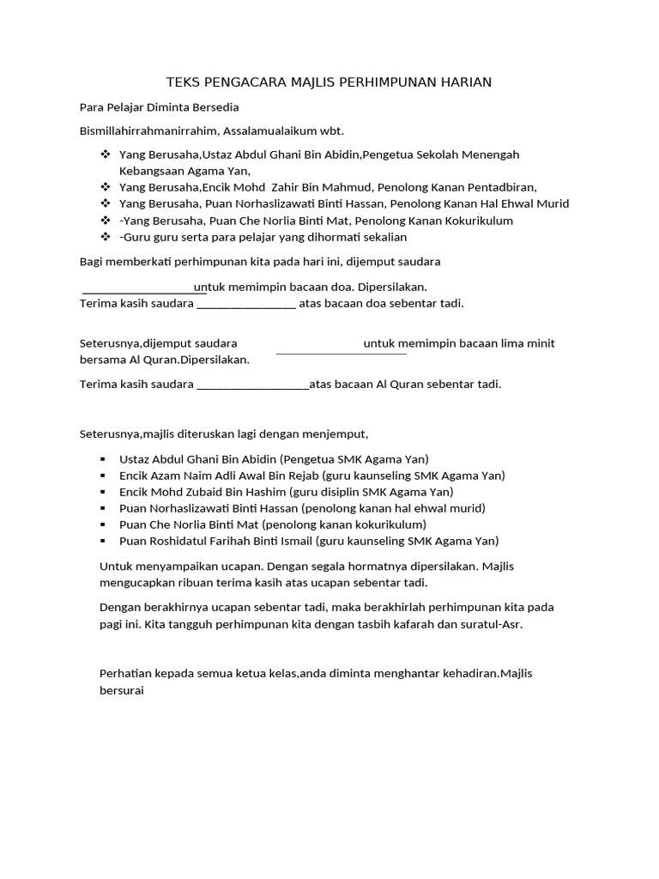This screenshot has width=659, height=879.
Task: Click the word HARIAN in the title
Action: tap(467, 82)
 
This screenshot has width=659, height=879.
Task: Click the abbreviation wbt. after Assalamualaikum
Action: tap(332, 131)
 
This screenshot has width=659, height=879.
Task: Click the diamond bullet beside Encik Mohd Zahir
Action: tap(106, 187)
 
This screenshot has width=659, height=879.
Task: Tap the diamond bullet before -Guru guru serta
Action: tap(106, 237)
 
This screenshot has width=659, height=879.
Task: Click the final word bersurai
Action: tap(123, 690)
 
